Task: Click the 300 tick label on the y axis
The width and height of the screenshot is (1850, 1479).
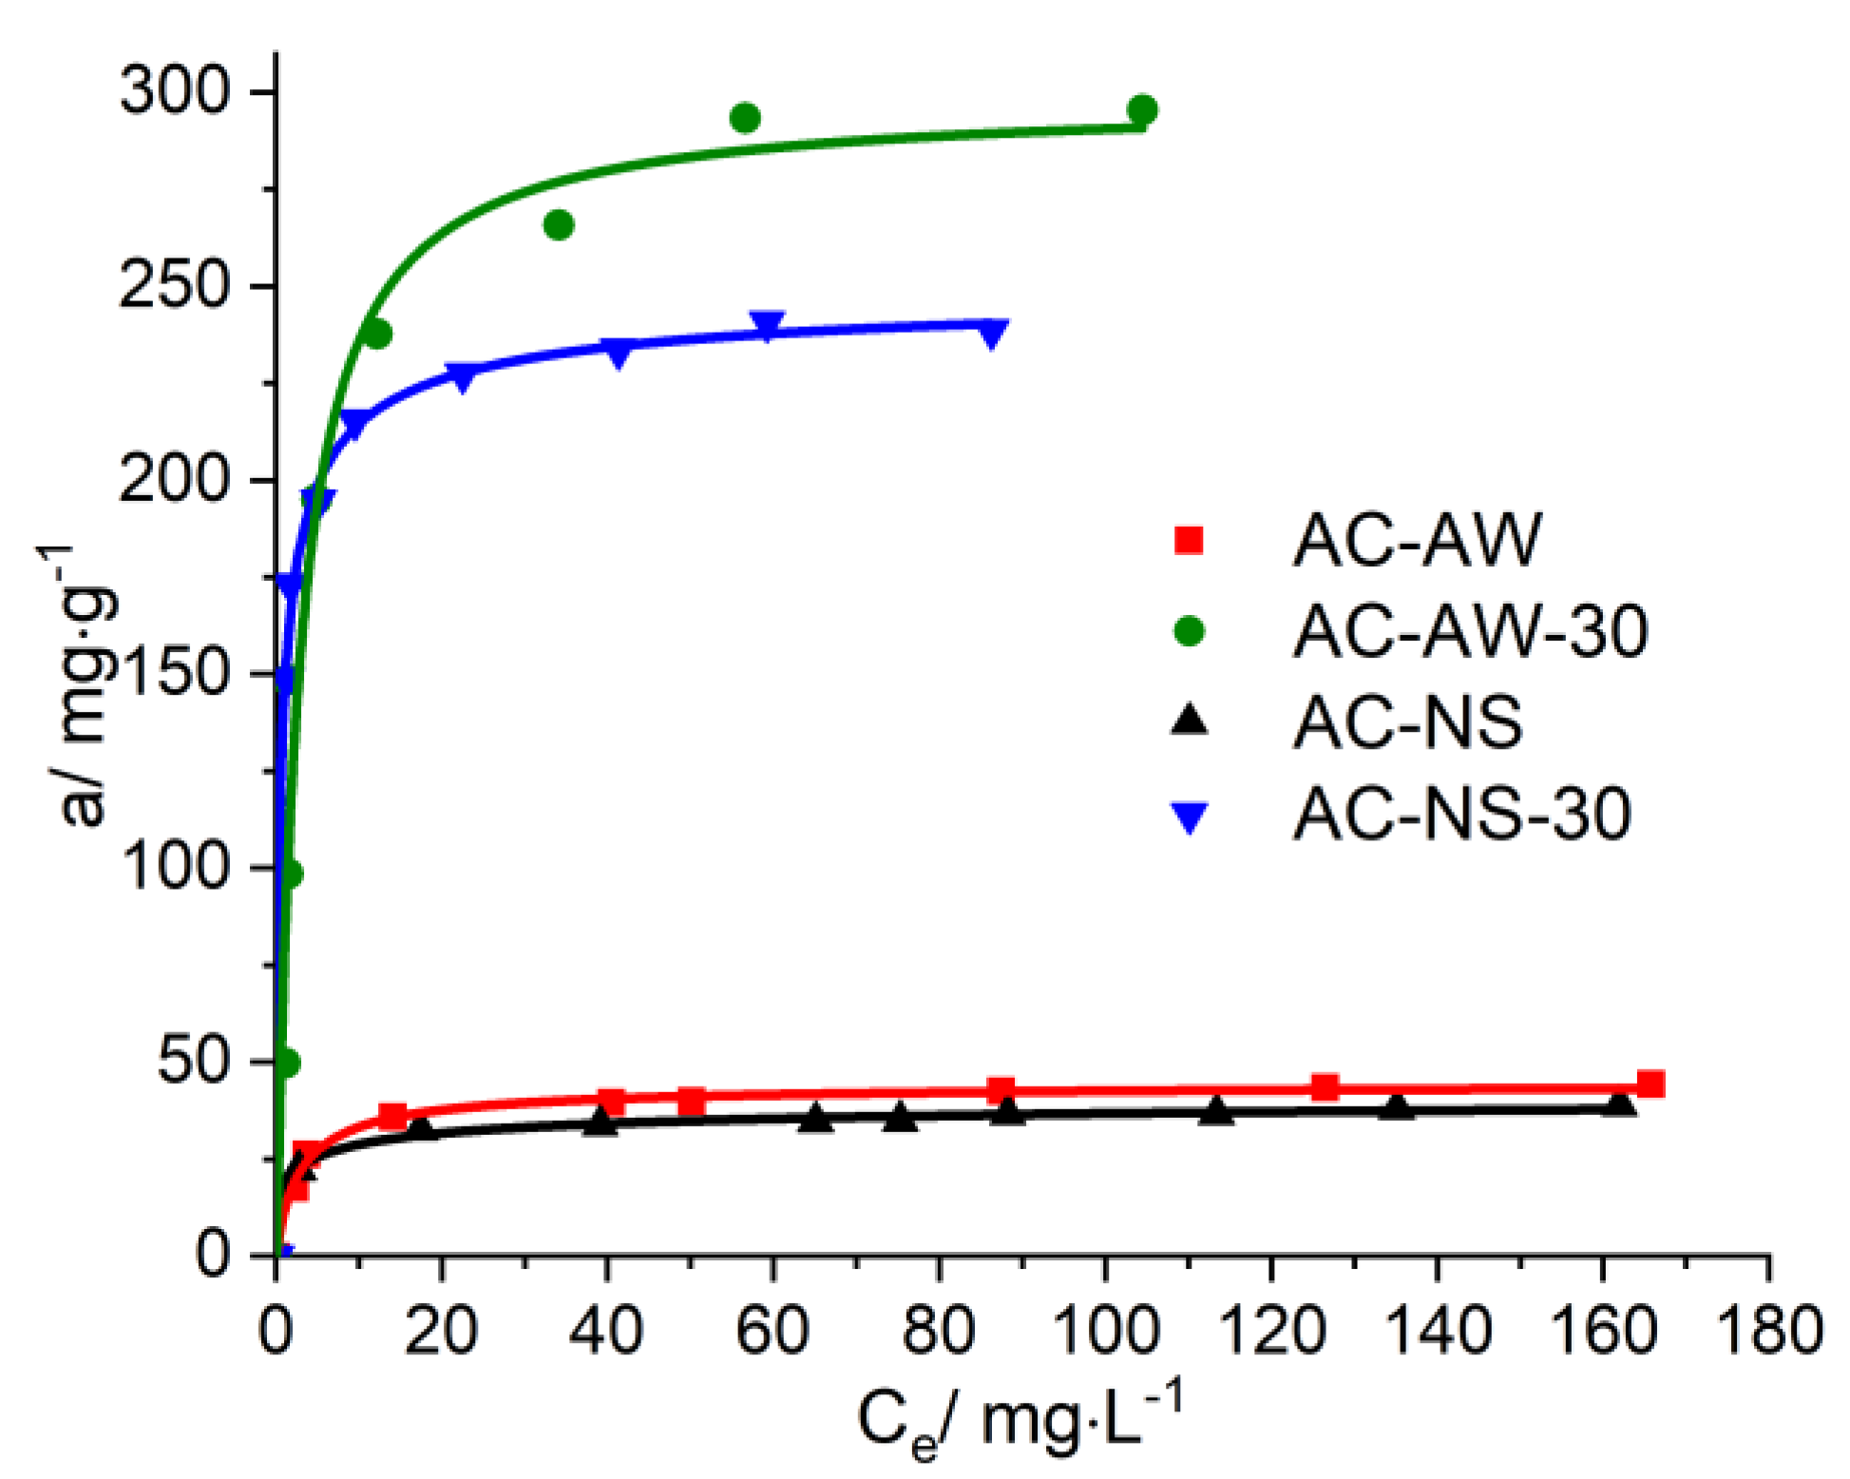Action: (x=175, y=93)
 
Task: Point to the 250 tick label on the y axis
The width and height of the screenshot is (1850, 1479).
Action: (x=175, y=286)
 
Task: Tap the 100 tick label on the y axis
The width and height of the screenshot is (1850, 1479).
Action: (x=177, y=867)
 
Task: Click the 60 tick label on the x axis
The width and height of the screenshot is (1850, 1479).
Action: (x=772, y=1331)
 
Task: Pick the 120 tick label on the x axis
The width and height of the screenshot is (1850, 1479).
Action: (x=1270, y=1331)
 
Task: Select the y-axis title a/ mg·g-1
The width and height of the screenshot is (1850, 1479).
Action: (x=80, y=684)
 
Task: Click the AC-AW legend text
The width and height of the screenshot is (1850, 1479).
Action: (x=1416, y=540)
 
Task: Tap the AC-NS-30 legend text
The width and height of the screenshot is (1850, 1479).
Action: (x=1461, y=814)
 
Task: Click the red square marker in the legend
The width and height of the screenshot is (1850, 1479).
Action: (x=1189, y=540)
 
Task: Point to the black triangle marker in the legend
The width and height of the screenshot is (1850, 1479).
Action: (x=1189, y=720)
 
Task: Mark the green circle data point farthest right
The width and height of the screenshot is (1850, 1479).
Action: (x=1142, y=110)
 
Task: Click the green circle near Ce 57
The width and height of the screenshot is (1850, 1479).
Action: (x=745, y=118)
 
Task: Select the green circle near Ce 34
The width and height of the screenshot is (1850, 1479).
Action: (x=559, y=225)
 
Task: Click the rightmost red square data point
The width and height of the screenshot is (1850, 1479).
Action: (x=1650, y=1084)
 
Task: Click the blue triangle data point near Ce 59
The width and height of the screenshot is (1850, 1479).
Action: (x=767, y=325)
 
